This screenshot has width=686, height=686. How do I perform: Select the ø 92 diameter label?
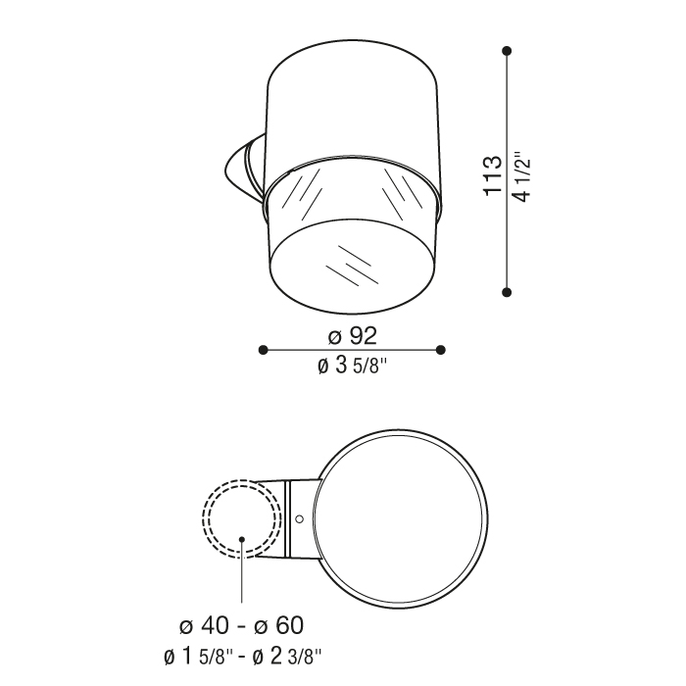[x=352, y=336]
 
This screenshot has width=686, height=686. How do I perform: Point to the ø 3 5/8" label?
[x=353, y=366]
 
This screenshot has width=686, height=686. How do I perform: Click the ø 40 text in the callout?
[x=204, y=625]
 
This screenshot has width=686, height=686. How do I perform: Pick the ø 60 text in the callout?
[x=278, y=625]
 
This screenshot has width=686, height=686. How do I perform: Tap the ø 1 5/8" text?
[x=199, y=657]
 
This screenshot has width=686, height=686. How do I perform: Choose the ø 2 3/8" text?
[x=287, y=657]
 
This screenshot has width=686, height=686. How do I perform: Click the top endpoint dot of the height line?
[x=507, y=51]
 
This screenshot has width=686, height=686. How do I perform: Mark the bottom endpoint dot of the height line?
[x=507, y=292]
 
